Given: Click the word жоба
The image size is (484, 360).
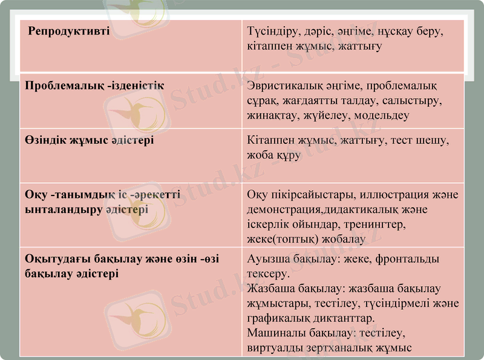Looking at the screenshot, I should tap(261, 155).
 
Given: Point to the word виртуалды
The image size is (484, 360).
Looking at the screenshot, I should tap(275, 347).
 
